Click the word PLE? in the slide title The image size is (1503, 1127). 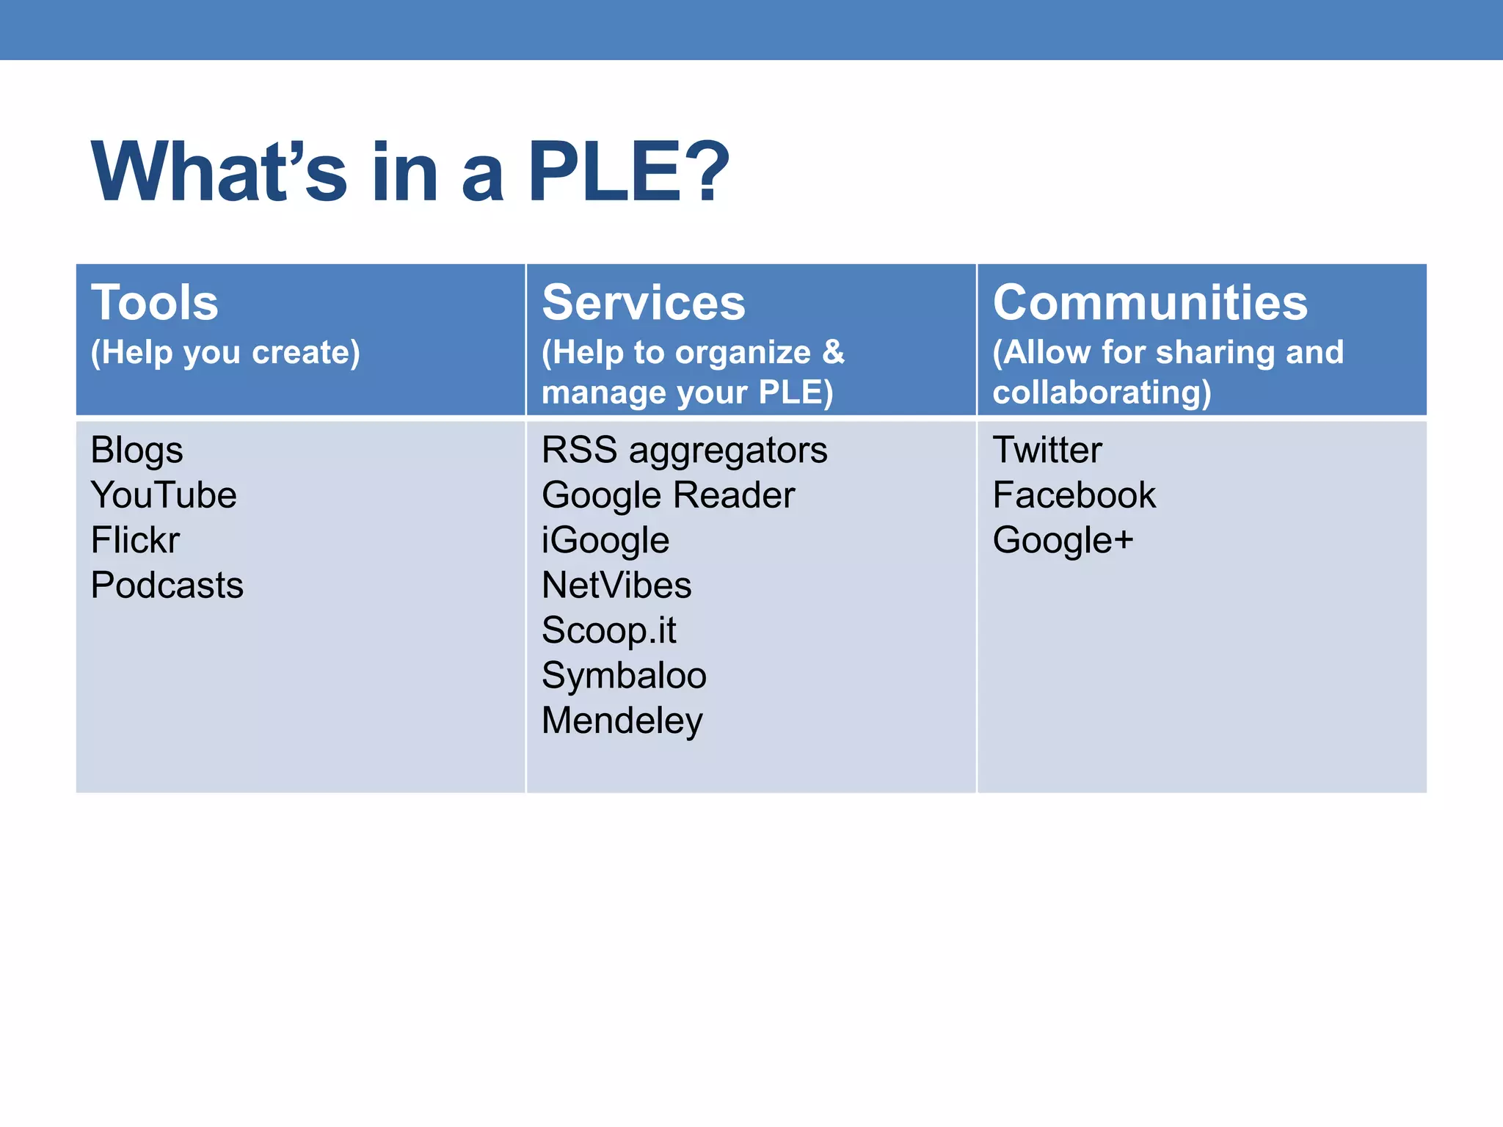pos(628,172)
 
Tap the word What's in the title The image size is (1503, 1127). pos(219,172)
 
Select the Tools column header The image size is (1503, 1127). pos(155,302)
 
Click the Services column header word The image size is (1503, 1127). pos(643,302)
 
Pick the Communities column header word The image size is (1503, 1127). pos(1149,302)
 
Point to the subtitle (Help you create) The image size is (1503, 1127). pos(225,353)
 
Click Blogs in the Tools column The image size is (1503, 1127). pos(137,450)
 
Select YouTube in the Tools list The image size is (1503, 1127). pos(164,495)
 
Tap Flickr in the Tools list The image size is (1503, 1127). pos(135,540)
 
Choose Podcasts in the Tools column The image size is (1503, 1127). pos(167,586)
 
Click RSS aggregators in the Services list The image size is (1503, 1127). pos(684,451)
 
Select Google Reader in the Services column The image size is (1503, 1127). pos(668,496)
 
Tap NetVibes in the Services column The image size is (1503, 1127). pos(616,586)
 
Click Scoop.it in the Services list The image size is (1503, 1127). pos(608,631)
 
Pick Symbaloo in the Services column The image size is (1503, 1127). pos(624,676)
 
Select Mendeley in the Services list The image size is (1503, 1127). pos(622,721)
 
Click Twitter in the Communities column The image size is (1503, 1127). pos(1047,450)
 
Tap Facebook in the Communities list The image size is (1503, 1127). pos(1074,495)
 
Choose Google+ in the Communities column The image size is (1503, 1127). pos(1063,541)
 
